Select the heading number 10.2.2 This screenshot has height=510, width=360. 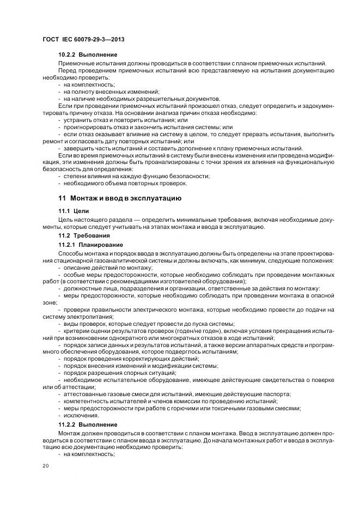[67, 55]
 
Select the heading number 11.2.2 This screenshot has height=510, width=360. [67, 424]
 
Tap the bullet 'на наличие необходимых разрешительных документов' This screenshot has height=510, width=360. [134, 99]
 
